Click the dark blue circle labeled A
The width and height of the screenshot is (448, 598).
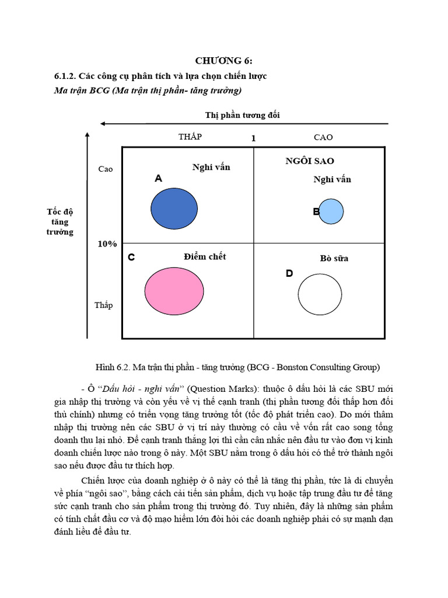point(173,208)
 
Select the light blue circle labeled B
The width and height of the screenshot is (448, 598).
point(332,211)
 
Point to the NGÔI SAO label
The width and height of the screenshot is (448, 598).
point(310,161)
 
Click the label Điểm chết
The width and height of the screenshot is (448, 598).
point(204,256)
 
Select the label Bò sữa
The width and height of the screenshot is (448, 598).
point(334,258)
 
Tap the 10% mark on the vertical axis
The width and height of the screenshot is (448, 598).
point(107,244)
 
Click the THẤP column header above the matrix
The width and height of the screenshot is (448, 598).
point(190,137)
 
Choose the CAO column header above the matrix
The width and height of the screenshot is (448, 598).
point(323,137)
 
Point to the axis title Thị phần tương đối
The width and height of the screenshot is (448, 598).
point(242,115)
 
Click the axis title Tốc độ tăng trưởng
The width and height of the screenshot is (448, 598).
point(60,221)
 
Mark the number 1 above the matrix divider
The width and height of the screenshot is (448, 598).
point(253,138)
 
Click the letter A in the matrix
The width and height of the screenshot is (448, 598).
point(158,179)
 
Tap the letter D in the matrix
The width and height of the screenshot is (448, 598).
point(289,273)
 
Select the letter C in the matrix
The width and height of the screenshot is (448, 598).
point(131,258)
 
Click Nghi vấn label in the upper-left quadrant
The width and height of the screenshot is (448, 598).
point(211,167)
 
